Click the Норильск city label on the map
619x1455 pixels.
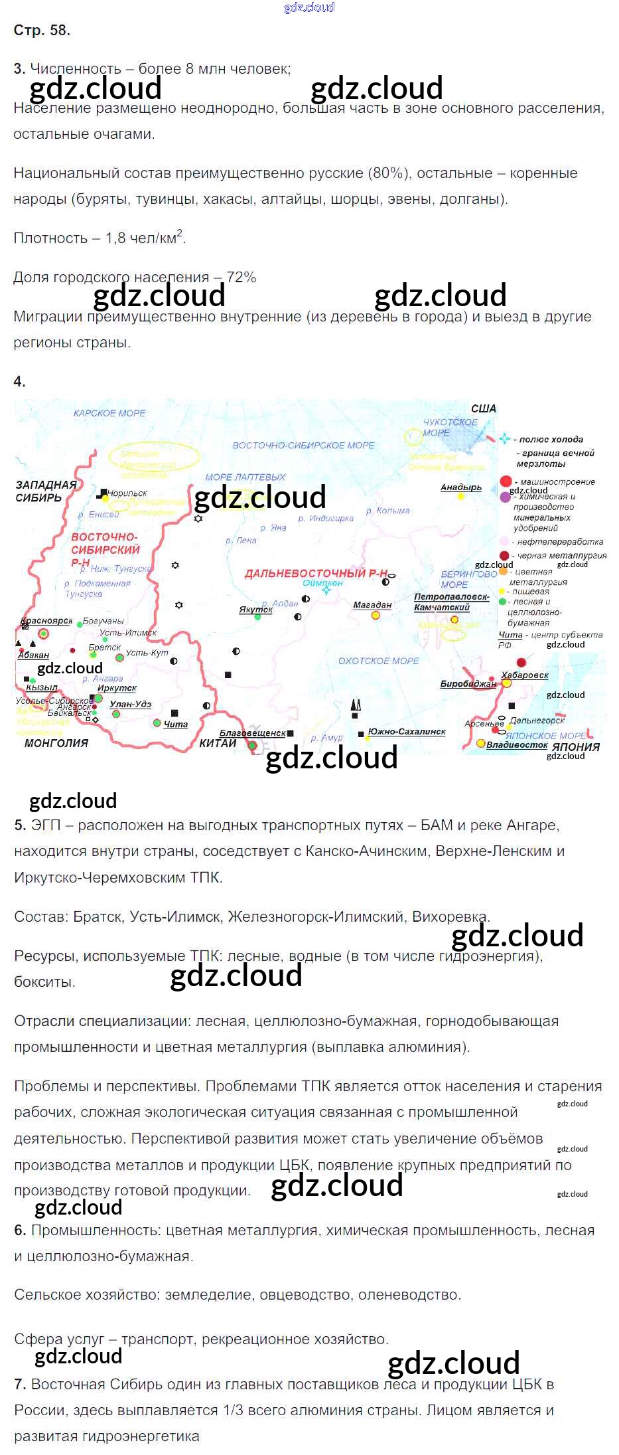pyautogui.click(x=127, y=493)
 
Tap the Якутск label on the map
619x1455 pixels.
pyautogui.click(x=256, y=609)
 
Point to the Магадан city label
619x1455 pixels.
pyautogui.click(x=372, y=605)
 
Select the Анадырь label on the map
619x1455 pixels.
pyautogui.click(x=461, y=487)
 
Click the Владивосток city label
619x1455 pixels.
pyautogui.click(x=517, y=744)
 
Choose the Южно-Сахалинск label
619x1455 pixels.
pyautogui.click(x=407, y=732)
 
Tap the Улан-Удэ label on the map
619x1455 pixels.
pyautogui.click(x=131, y=704)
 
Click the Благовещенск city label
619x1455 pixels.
pyautogui.click(x=252, y=733)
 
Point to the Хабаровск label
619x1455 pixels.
pyautogui.click(x=525, y=675)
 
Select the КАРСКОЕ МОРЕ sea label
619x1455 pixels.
pyautogui.click(x=109, y=413)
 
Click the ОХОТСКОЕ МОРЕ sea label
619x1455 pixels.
pyautogui.click(x=378, y=661)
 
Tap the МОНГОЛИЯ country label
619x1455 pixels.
pyautogui.click(x=56, y=743)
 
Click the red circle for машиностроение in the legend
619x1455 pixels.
pyautogui.click(x=506, y=481)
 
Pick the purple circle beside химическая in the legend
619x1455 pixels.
pyautogui.click(x=506, y=496)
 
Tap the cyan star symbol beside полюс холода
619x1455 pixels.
pyautogui.click(x=505, y=439)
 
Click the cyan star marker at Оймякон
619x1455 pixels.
pyautogui.click(x=326, y=590)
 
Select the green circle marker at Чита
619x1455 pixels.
pyautogui.click(x=157, y=723)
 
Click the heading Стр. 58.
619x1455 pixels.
pyautogui.click(x=42, y=30)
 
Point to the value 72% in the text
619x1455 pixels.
pyautogui.click(x=241, y=278)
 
